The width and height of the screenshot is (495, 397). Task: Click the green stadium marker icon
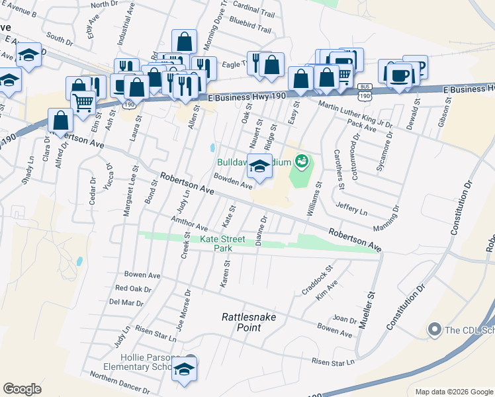tap(302, 160)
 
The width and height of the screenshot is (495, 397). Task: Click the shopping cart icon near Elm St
tap(83, 102)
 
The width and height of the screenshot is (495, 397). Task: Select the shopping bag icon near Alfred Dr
tap(61, 120)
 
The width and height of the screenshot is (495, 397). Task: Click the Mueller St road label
tap(367, 312)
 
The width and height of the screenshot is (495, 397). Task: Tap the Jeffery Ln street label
tap(351, 208)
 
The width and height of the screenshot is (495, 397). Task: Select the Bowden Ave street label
tap(233, 181)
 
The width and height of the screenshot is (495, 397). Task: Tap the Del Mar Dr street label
tap(126, 302)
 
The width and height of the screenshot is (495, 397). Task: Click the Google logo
tap(22, 389)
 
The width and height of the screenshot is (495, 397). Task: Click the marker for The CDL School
tap(435, 329)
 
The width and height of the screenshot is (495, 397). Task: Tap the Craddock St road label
tap(316, 279)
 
